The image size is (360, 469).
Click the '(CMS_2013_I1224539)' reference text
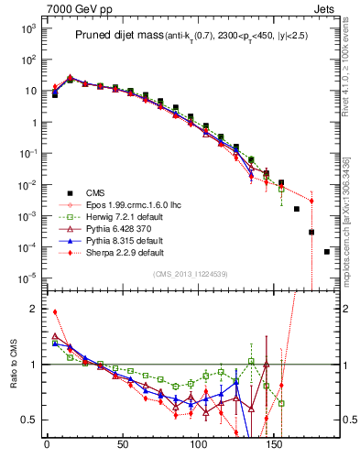point(191,273)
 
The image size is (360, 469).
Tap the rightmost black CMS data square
point(327,251)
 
